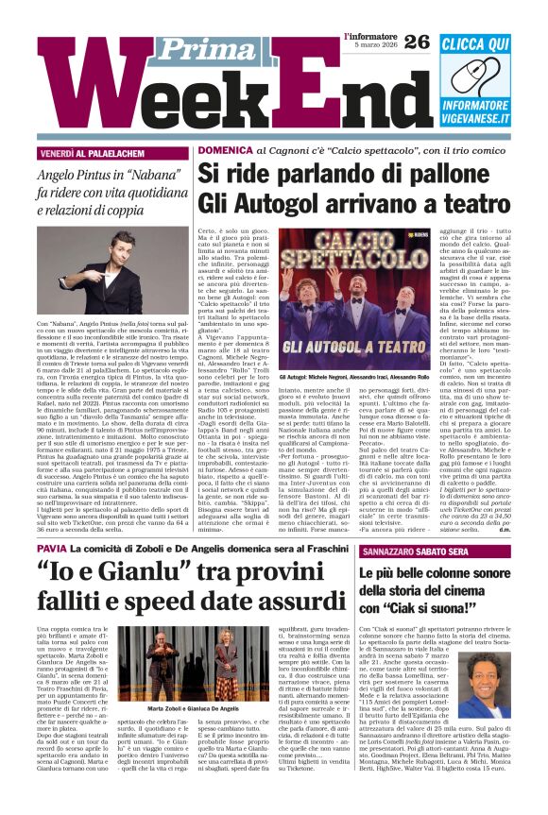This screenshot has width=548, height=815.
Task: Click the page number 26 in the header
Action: [417, 41]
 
